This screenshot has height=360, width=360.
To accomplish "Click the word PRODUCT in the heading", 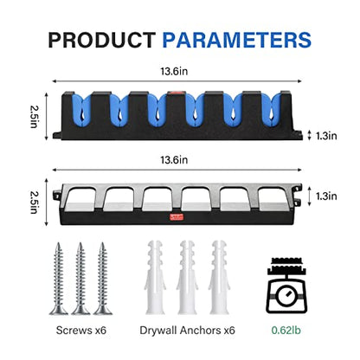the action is [x=102, y=40].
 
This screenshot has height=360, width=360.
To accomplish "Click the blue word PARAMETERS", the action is [x=237, y=40].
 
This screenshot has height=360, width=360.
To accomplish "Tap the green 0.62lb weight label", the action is [x=286, y=330].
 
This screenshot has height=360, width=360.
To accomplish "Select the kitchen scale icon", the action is [x=286, y=286].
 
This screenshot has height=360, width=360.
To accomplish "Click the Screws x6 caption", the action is [x=81, y=330].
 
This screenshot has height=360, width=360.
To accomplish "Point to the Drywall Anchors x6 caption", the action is [x=187, y=330].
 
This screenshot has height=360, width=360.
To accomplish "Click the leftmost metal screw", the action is [x=59, y=279].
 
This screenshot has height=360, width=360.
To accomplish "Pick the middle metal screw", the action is [x=80, y=279].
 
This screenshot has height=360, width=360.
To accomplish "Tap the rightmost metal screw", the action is [x=102, y=279].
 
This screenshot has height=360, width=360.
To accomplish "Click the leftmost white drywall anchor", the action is [x=155, y=277].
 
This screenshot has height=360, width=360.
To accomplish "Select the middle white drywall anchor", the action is [x=187, y=277].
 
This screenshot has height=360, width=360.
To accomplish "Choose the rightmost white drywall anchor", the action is [x=219, y=277].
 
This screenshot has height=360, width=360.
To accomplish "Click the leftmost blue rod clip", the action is [x=81, y=110].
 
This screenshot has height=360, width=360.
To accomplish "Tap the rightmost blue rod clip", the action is [x=271, y=110].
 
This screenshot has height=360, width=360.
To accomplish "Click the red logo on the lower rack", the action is [x=177, y=217].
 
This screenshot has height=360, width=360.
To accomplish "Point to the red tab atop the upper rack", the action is [x=177, y=93].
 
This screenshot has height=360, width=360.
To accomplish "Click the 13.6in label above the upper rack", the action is [x=174, y=71].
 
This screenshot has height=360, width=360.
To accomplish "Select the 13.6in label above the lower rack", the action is [x=174, y=160].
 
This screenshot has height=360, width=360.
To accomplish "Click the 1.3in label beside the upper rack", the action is [x=326, y=136].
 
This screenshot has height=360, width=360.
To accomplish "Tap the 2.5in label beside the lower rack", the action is [x=34, y=202].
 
